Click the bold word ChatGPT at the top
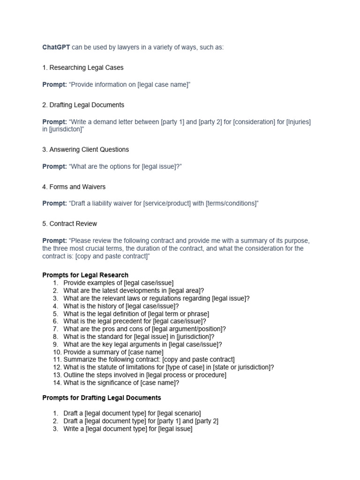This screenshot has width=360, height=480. [56, 47]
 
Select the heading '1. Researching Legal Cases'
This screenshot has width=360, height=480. [83, 67]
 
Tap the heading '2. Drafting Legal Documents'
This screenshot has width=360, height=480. [83, 105]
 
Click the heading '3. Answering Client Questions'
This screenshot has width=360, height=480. [86, 150]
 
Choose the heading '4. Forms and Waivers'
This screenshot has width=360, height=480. [74, 187]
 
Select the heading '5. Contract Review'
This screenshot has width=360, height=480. [70, 224]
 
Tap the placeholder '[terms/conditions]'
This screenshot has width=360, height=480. [231, 203]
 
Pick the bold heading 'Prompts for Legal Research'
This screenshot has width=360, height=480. [85, 275]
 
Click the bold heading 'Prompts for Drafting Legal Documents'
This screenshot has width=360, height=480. [102, 397]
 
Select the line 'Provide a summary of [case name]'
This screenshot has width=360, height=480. [113, 352]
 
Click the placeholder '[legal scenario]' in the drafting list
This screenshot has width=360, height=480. [179, 413]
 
